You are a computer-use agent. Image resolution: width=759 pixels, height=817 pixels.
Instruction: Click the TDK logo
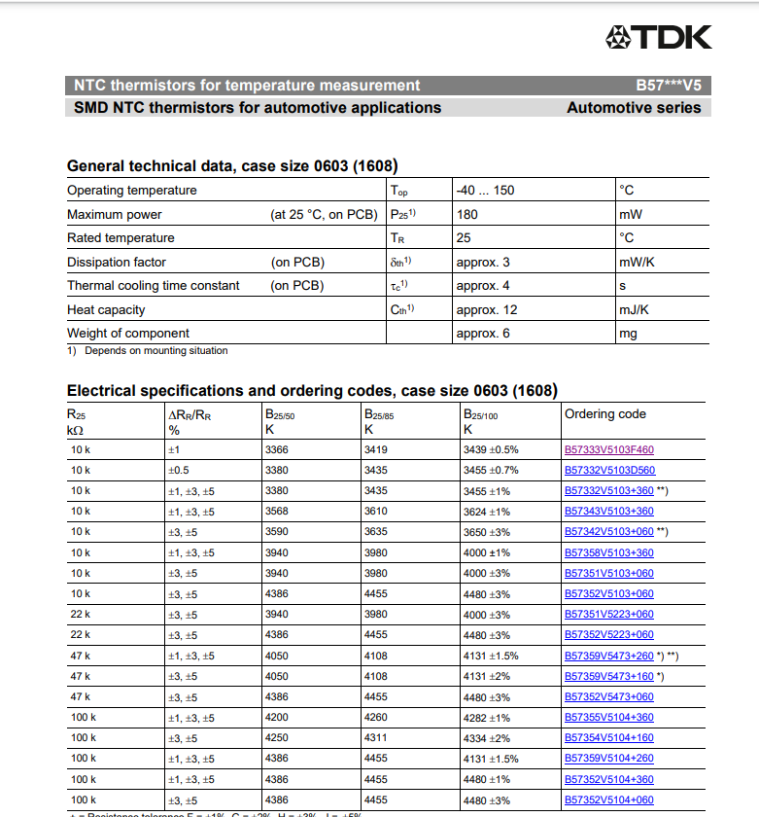click(658, 38)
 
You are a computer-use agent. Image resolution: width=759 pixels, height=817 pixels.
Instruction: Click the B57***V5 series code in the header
click(668, 86)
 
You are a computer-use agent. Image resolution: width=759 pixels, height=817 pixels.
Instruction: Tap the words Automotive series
click(634, 108)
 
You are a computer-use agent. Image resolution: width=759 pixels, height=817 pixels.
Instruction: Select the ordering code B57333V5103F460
click(609, 450)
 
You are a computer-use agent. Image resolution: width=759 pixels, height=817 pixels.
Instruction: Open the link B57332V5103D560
click(609, 471)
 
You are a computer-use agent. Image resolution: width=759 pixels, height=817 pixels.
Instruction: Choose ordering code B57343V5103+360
click(609, 512)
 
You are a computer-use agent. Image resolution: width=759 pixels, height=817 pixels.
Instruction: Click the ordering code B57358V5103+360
click(609, 552)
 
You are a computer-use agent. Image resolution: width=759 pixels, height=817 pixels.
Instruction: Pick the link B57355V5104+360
click(609, 718)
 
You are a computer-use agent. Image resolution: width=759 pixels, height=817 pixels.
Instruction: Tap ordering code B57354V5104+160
click(609, 738)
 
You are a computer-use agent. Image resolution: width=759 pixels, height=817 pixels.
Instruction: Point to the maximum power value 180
click(466, 214)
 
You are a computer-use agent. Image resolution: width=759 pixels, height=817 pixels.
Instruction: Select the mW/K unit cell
click(637, 262)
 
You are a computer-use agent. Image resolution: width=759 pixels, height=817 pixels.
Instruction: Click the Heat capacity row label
click(106, 309)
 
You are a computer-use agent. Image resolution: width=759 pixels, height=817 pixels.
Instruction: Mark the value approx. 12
click(486, 309)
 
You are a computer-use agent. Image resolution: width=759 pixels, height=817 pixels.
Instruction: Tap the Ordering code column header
click(604, 414)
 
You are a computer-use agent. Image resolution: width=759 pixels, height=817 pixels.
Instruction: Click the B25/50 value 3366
click(277, 450)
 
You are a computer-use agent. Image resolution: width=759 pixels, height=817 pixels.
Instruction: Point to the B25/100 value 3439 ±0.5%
click(491, 450)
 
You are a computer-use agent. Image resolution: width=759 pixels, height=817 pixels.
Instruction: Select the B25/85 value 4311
click(375, 738)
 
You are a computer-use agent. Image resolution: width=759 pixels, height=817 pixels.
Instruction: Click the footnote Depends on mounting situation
click(155, 351)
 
